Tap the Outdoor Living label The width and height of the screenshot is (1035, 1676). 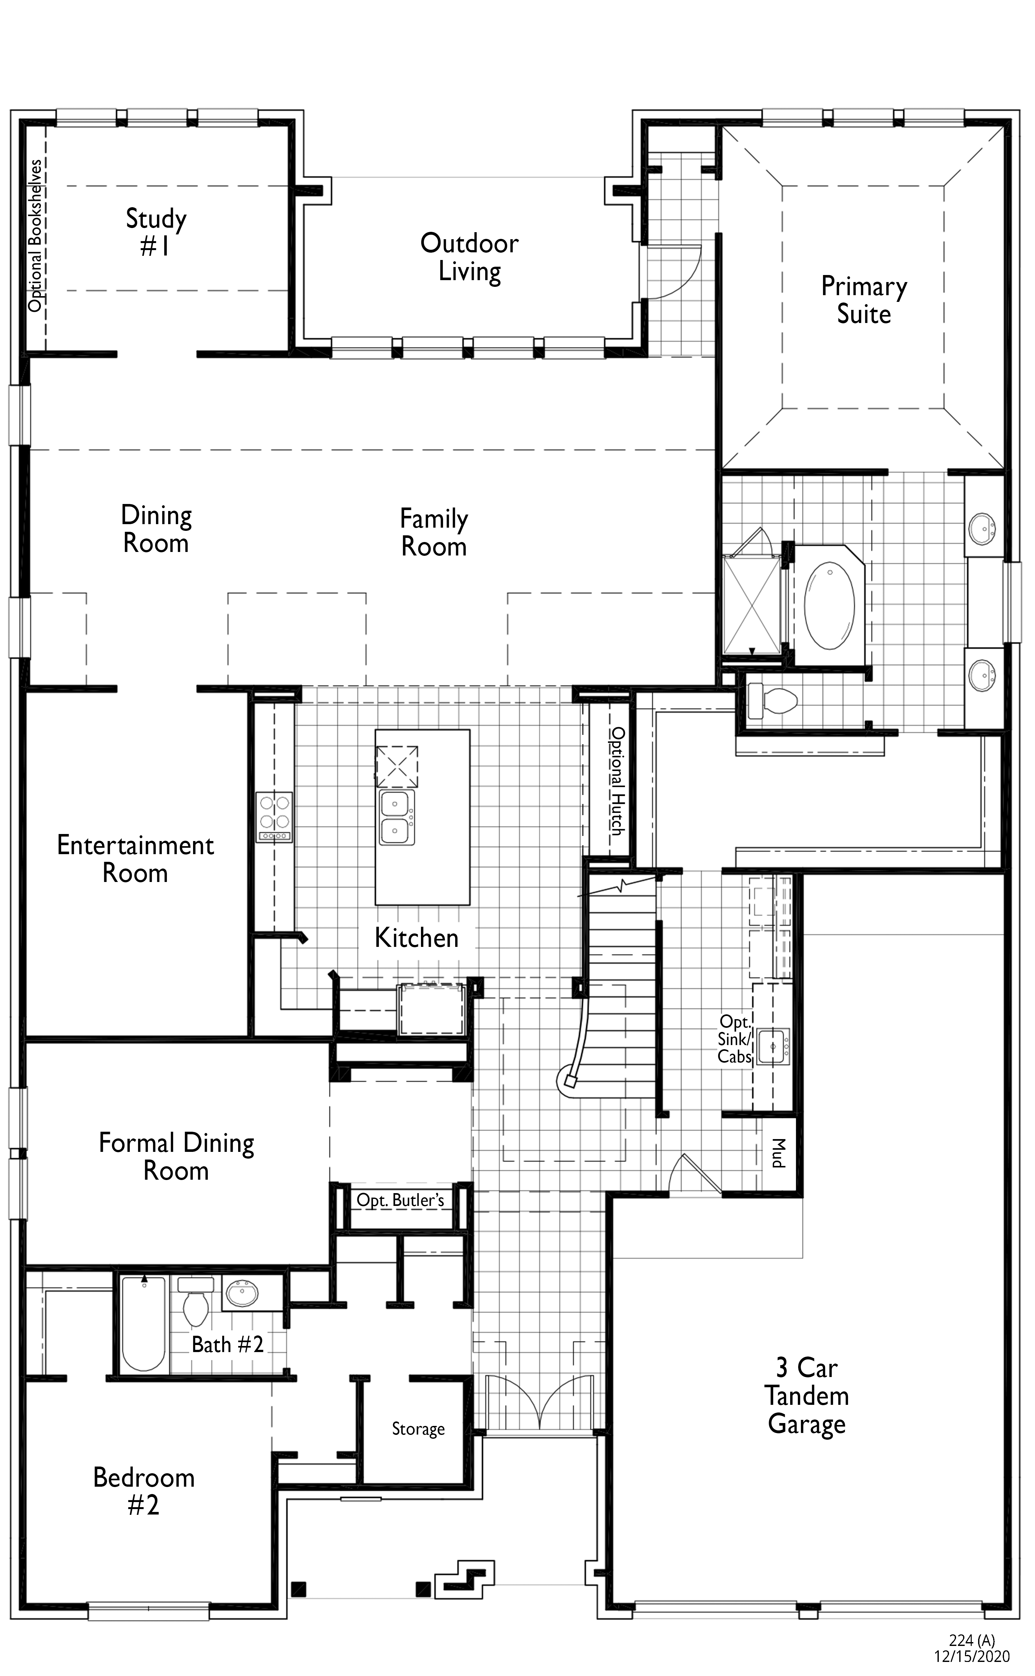470,257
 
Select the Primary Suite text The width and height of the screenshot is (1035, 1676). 864,300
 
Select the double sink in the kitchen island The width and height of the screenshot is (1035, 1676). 396,817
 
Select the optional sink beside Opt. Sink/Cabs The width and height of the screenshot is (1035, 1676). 772,1046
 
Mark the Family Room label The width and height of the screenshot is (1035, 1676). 434,533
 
